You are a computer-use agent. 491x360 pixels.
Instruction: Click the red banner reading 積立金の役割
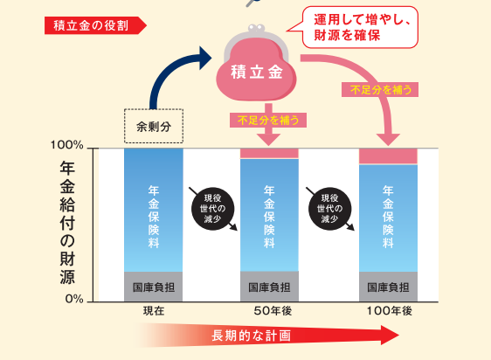click(x=95, y=25)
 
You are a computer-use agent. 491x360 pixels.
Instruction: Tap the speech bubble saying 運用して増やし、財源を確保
click(x=360, y=27)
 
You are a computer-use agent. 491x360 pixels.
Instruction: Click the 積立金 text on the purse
click(x=257, y=72)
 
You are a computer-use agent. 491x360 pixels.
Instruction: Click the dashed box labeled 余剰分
click(x=154, y=126)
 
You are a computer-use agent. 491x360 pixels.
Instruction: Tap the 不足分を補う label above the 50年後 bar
click(x=268, y=120)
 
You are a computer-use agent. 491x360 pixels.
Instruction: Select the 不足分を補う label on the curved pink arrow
click(x=380, y=90)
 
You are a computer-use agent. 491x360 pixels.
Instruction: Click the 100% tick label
click(x=67, y=145)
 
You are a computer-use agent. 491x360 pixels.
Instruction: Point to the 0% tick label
click(x=74, y=299)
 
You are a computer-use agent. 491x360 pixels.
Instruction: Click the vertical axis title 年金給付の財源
click(x=67, y=223)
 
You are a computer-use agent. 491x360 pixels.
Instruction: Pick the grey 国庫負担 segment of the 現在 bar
click(x=154, y=287)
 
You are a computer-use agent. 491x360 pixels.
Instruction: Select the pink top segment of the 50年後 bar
click(x=269, y=154)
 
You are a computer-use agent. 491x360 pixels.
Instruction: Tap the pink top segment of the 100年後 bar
click(x=388, y=156)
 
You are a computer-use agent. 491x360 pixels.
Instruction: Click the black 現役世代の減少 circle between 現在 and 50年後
click(x=213, y=208)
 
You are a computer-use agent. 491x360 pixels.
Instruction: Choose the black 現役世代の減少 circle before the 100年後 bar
click(x=329, y=208)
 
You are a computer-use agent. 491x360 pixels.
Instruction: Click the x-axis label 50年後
click(x=273, y=311)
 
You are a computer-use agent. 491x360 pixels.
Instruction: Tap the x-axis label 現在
click(x=154, y=311)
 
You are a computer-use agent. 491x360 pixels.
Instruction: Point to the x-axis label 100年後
click(x=390, y=311)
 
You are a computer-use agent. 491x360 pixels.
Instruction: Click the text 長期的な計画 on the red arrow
click(x=251, y=336)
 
